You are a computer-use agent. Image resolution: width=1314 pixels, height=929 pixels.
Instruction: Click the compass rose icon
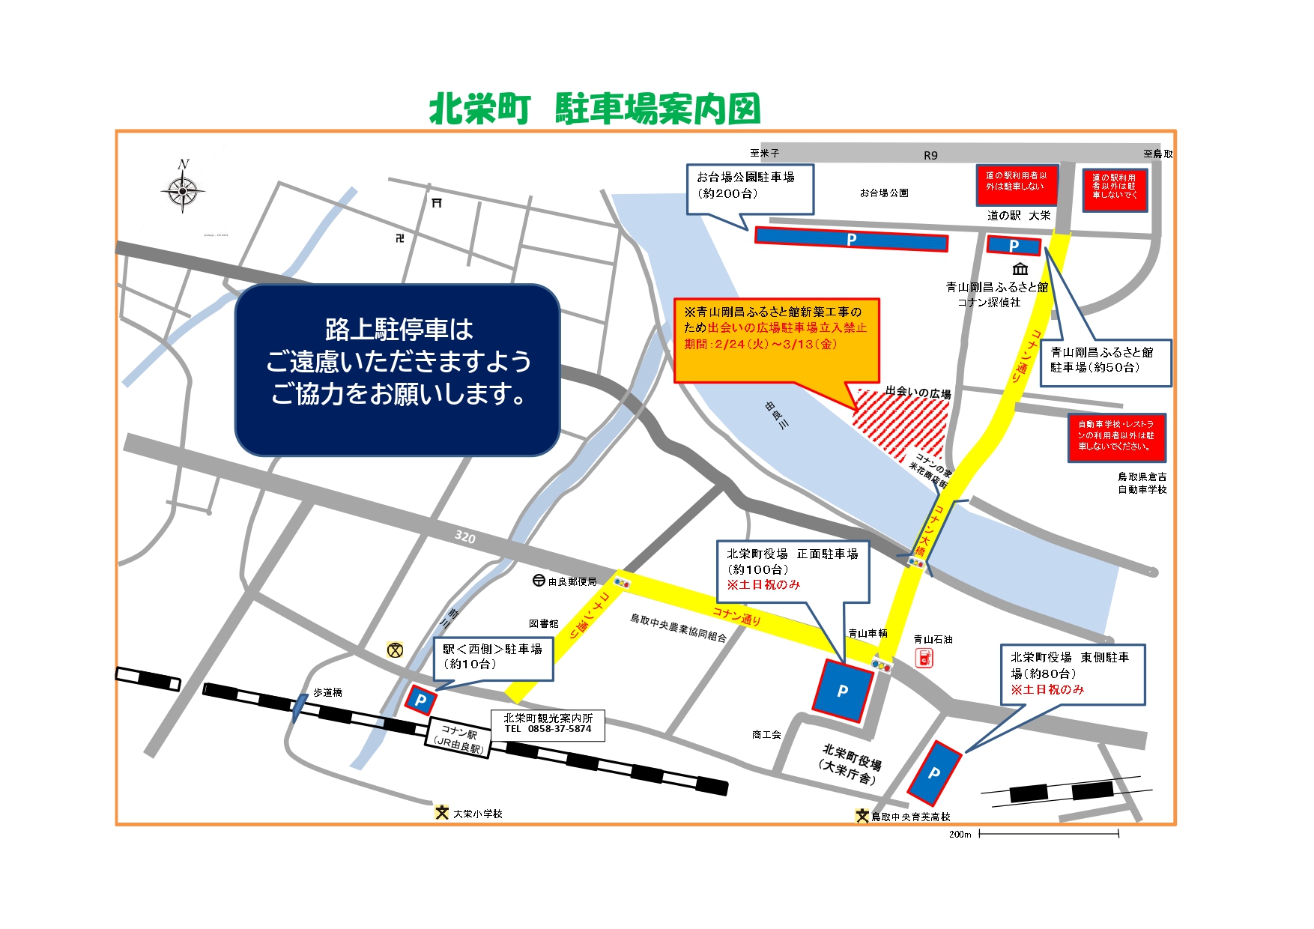[183, 190]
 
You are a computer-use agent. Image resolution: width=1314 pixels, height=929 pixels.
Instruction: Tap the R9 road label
[930, 155]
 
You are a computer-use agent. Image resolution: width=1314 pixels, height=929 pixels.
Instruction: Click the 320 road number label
[464, 537]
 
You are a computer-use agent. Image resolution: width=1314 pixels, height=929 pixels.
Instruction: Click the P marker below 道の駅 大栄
[1014, 245]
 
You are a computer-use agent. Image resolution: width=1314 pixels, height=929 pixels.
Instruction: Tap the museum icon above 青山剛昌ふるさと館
[1020, 268]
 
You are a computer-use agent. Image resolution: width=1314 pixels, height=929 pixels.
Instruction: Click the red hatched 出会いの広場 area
[902, 423]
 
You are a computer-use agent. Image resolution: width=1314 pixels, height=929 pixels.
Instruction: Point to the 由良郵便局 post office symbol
[539, 581]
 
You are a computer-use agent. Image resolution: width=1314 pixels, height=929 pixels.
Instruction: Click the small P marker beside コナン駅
[421, 700]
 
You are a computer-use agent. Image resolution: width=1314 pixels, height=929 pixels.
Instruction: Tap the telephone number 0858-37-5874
[559, 729]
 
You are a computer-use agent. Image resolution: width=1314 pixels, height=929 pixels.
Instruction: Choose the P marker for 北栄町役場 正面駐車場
[843, 690]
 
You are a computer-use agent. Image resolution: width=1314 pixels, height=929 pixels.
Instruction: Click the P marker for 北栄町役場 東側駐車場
[934, 772]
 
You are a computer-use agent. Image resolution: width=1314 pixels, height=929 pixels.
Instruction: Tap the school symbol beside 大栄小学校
[442, 813]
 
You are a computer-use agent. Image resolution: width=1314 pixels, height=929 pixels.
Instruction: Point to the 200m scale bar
[1049, 833]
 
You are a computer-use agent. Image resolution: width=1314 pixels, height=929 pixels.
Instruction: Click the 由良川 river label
[777, 414]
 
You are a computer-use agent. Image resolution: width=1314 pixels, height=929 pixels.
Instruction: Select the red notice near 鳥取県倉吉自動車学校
[1116, 436]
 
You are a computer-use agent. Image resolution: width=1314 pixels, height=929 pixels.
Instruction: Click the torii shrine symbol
[437, 202]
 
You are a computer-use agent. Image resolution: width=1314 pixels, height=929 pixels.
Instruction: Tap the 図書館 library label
[543, 623]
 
